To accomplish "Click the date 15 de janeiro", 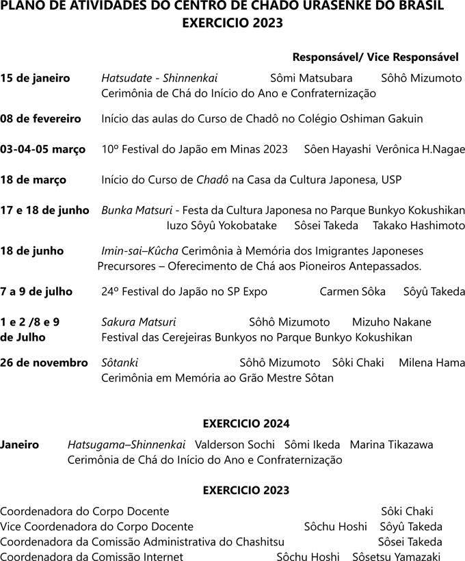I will tap(40, 78).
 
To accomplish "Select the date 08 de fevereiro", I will tap(40, 118).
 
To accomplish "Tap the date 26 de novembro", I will tap(44, 363).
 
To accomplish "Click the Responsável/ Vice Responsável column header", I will tap(375, 56).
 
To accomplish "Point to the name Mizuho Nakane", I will tap(391, 322).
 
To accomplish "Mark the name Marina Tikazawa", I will tap(391, 445).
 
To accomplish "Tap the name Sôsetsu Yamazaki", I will tap(396, 557).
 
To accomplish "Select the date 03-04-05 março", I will tap(42, 149).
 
